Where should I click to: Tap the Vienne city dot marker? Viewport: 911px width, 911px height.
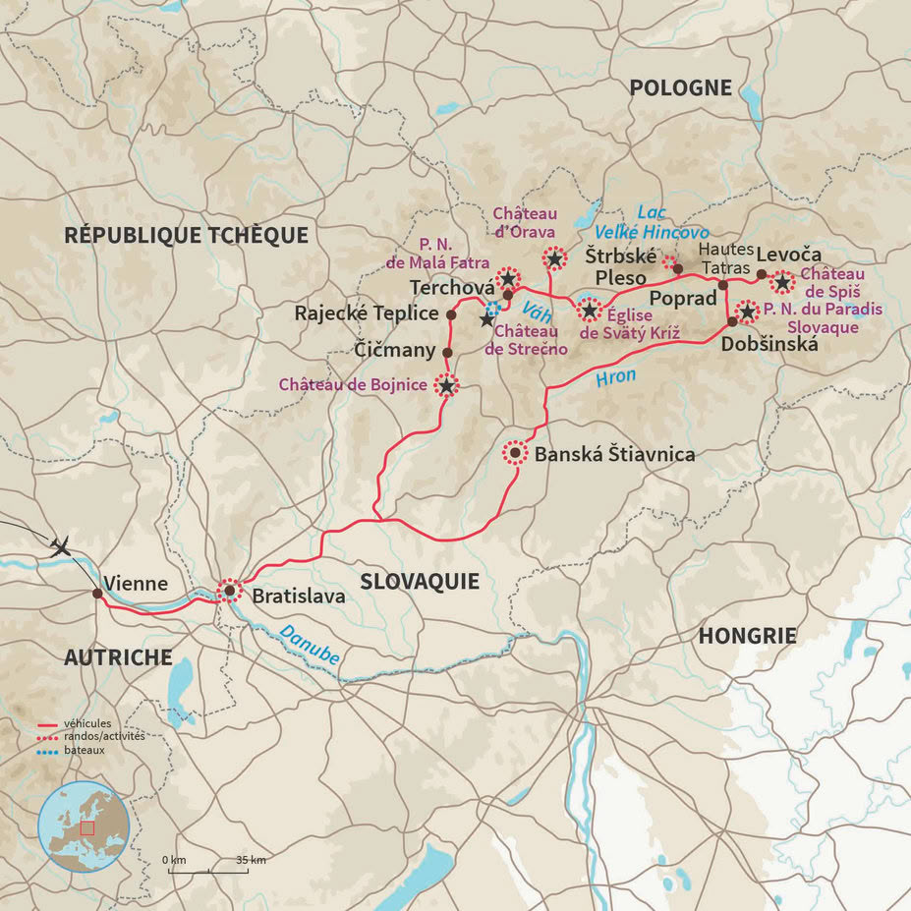[x=96, y=594]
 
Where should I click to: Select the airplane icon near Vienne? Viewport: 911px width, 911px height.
[x=60, y=545]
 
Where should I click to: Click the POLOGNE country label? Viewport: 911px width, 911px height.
[x=680, y=87]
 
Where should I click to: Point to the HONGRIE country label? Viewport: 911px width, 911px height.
[x=747, y=636]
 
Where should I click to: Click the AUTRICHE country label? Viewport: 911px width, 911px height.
[x=118, y=657]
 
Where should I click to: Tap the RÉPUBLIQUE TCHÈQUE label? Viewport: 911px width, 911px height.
[x=186, y=235]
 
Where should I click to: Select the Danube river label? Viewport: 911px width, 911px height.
[x=310, y=644]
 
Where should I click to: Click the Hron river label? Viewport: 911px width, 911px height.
[x=615, y=375]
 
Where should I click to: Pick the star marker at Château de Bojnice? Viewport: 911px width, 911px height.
[x=446, y=386]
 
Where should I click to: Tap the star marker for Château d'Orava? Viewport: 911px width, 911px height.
[x=555, y=258]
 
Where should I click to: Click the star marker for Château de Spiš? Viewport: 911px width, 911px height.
[x=781, y=283]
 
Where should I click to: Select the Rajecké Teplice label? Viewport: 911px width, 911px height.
[x=367, y=313]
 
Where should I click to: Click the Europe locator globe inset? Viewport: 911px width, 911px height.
[x=84, y=826]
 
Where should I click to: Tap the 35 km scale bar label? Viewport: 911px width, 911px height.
[x=251, y=860]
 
